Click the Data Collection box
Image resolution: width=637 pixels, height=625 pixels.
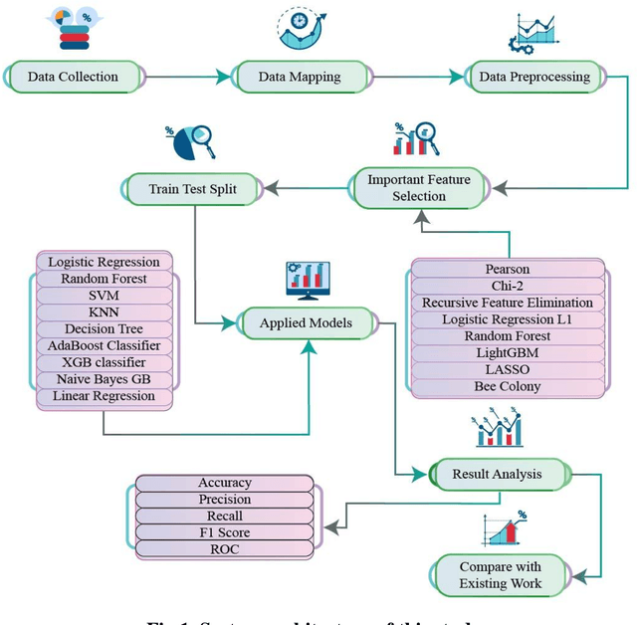tap(74, 77)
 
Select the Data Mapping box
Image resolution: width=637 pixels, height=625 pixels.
tap(299, 77)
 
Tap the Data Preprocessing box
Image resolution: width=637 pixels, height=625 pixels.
tap(533, 77)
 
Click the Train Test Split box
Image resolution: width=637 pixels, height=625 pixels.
tap(193, 188)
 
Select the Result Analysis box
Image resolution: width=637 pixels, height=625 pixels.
tap(497, 474)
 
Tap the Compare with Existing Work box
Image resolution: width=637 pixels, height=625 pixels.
tap(501, 575)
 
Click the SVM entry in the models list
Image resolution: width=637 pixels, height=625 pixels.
tap(103, 296)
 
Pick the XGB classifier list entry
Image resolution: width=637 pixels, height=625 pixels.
tap(103, 362)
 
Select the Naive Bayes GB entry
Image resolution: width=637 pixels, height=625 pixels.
tap(103, 379)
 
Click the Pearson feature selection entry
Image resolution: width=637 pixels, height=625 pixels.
tap(507, 269)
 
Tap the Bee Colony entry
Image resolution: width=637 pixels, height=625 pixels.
tap(507, 386)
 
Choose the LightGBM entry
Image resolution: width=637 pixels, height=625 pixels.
tap(507, 352)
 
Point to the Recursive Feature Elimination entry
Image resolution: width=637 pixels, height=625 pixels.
tap(507, 303)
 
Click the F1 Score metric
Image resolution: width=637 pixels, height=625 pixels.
tap(224, 532)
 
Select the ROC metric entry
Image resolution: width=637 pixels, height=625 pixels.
tap(224, 548)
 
